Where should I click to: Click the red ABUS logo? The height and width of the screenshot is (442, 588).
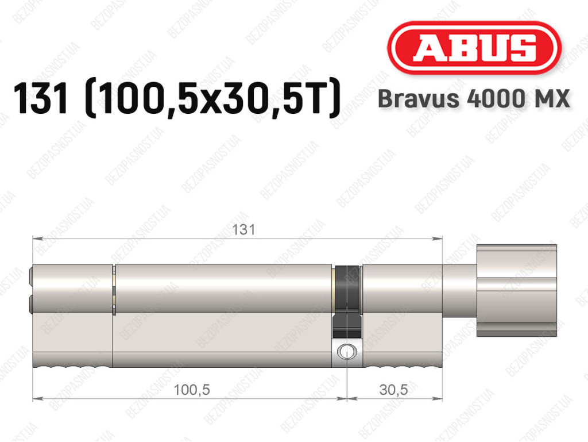pyautogui.click(x=474, y=48)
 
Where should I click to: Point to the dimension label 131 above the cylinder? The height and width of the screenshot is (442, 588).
pyautogui.click(x=243, y=229)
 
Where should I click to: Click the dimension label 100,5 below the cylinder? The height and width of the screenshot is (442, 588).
pyautogui.click(x=192, y=390)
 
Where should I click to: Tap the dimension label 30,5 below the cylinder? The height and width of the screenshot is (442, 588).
pyautogui.click(x=393, y=390)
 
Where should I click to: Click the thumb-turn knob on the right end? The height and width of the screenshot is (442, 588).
pyautogui.click(x=516, y=290)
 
